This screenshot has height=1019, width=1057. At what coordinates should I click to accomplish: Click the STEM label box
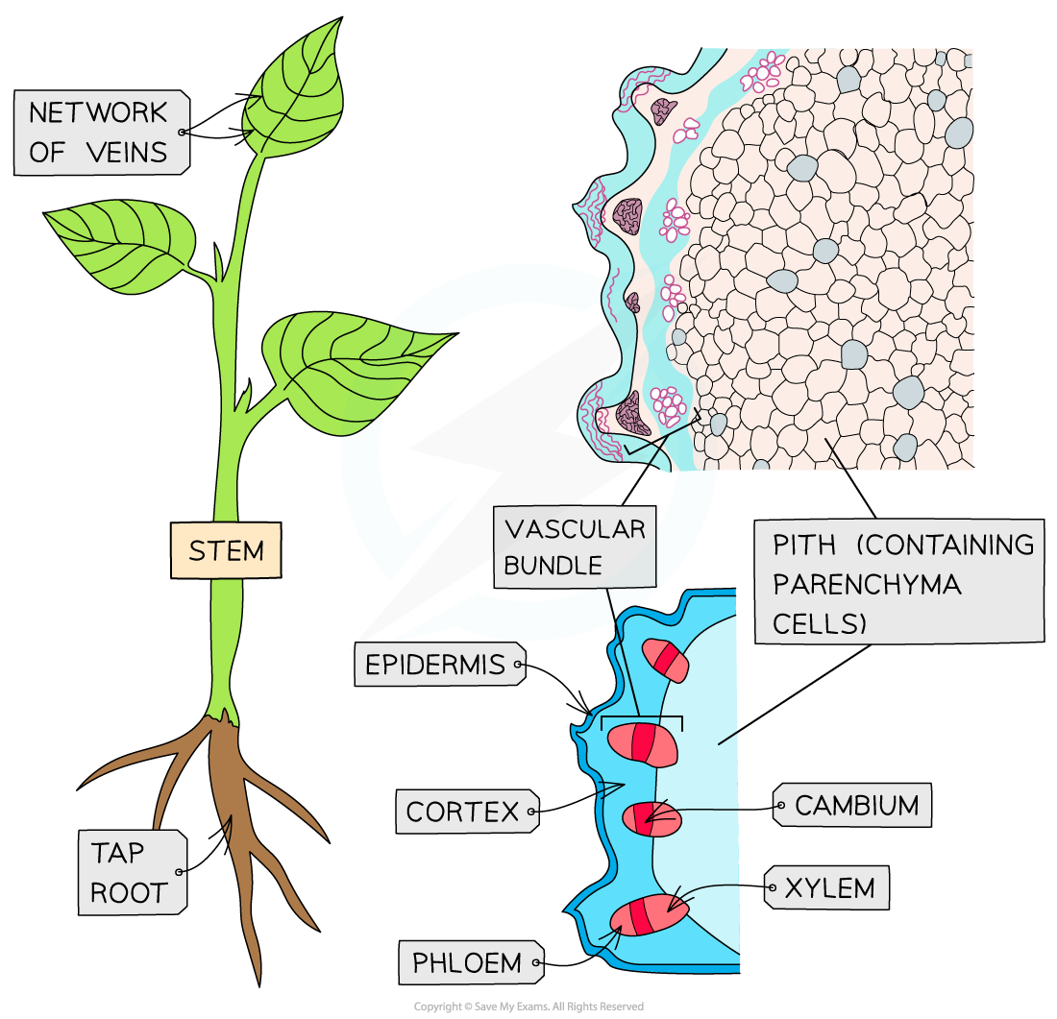(226, 550)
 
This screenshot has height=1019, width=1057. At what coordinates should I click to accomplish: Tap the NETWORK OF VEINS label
(98, 133)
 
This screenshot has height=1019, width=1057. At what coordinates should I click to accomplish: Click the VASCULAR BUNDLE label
(575, 546)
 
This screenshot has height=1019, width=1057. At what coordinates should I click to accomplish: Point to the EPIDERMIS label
(436, 665)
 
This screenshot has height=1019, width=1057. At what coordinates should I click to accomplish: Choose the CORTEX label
(463, 812)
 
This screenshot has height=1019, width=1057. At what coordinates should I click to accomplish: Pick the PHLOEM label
(467, 962)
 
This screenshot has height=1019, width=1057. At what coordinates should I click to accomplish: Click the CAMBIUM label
(856, 806)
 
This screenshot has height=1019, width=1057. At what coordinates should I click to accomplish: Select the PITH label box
(897, 583)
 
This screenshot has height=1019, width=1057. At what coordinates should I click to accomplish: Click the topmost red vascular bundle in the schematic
(666, 661)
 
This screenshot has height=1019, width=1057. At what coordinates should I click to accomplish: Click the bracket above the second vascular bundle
(642, 718)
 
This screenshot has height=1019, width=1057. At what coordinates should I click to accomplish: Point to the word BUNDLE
(553, 565)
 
